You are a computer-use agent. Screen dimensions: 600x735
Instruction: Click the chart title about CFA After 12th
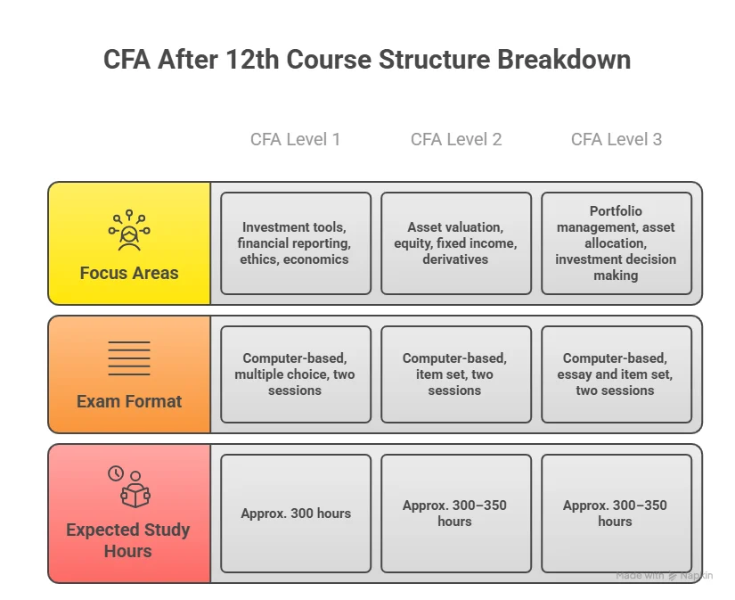[367, 60]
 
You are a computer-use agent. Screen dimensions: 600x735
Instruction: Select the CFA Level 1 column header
[295, 139]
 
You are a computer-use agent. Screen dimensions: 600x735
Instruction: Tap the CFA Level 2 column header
[455, 139]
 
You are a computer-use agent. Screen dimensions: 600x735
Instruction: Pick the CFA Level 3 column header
[616, 139]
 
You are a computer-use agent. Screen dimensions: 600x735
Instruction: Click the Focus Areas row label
[129, 273]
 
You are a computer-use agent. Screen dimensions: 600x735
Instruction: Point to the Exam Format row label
[129, 401]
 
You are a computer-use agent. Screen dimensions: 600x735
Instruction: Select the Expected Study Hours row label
[128, 540]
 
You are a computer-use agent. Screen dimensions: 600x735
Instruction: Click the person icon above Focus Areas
[129, 230]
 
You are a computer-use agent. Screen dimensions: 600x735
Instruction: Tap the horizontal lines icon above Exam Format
[129, 358]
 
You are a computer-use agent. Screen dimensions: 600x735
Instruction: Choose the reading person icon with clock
[129, 487]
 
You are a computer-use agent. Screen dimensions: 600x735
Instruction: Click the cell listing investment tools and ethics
[295, 243]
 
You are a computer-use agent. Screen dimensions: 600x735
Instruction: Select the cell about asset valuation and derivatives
[455, 243]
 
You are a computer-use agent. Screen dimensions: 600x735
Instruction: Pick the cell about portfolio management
[616, 243]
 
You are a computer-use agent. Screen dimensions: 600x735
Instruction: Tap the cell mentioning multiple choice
[295, 374]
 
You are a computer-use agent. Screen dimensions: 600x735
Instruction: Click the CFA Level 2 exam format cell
[455, 374]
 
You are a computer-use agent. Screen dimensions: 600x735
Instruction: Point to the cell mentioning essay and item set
[616, 374]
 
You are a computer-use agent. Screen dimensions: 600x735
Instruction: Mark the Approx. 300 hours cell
[295, 514]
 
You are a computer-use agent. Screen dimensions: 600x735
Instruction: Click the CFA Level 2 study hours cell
[455, 514]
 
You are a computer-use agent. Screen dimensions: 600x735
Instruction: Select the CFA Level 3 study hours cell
[616, 514]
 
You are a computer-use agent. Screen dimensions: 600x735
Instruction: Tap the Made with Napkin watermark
[664, 576]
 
